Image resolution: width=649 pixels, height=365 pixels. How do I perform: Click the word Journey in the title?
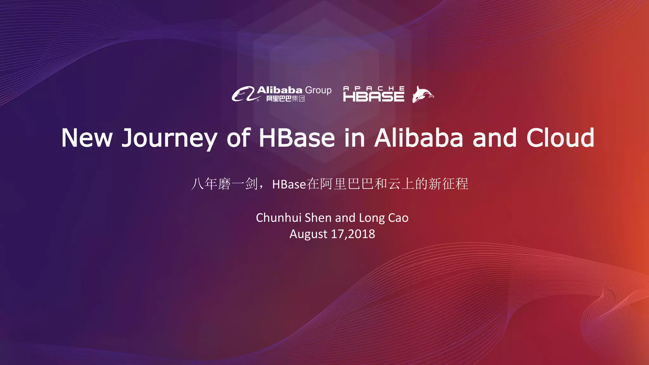tap(169, 138)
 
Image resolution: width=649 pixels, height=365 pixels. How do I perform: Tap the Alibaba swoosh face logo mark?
tap(243, 94)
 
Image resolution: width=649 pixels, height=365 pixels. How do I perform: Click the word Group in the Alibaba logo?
tap(318, 90)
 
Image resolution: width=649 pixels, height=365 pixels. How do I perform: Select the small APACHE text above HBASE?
tap(374, 88)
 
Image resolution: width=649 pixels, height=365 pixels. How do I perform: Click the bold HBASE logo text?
tap(374, 97)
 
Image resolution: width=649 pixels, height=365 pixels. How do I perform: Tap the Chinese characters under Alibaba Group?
tap(285, 99)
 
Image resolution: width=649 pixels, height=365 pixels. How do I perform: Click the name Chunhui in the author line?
tap(279, 218)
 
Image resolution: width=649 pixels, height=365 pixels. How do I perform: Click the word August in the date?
tap(308, 234)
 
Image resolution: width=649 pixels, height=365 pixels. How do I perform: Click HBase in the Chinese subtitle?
tap(289, 184)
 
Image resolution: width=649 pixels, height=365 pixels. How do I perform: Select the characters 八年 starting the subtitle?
tap(204, 184)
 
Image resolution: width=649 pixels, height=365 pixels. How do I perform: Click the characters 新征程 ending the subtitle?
tap(448, 184)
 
